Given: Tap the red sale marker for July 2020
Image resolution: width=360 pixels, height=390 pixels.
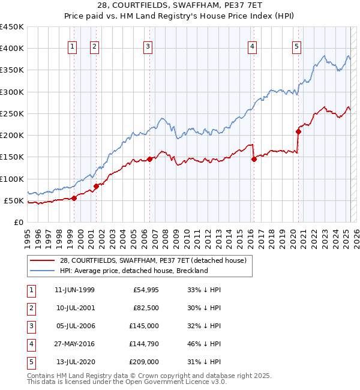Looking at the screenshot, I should pos(298,131).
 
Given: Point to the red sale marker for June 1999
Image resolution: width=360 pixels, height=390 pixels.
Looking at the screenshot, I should pos(74,198).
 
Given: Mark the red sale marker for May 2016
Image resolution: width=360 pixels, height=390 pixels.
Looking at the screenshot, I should pos(254,159).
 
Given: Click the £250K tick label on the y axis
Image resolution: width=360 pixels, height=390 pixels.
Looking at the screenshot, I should pos(12,113).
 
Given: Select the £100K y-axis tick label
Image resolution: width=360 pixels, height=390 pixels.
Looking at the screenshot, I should pos(12,179).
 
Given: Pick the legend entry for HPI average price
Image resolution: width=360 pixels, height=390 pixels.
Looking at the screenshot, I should pos(133,271).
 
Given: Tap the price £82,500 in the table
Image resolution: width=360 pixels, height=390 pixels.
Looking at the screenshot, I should pos(146,308).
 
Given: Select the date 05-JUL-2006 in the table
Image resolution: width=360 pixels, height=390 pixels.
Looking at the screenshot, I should pos(74,326).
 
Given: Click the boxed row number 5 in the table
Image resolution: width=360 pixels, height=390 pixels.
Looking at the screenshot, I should pos(31,362).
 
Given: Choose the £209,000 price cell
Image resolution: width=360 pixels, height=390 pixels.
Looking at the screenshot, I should pos(145,362).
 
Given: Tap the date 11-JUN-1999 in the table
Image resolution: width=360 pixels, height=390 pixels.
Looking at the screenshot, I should pos(74,290).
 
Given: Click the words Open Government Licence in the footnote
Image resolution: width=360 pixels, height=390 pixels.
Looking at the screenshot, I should pos(175,382).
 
